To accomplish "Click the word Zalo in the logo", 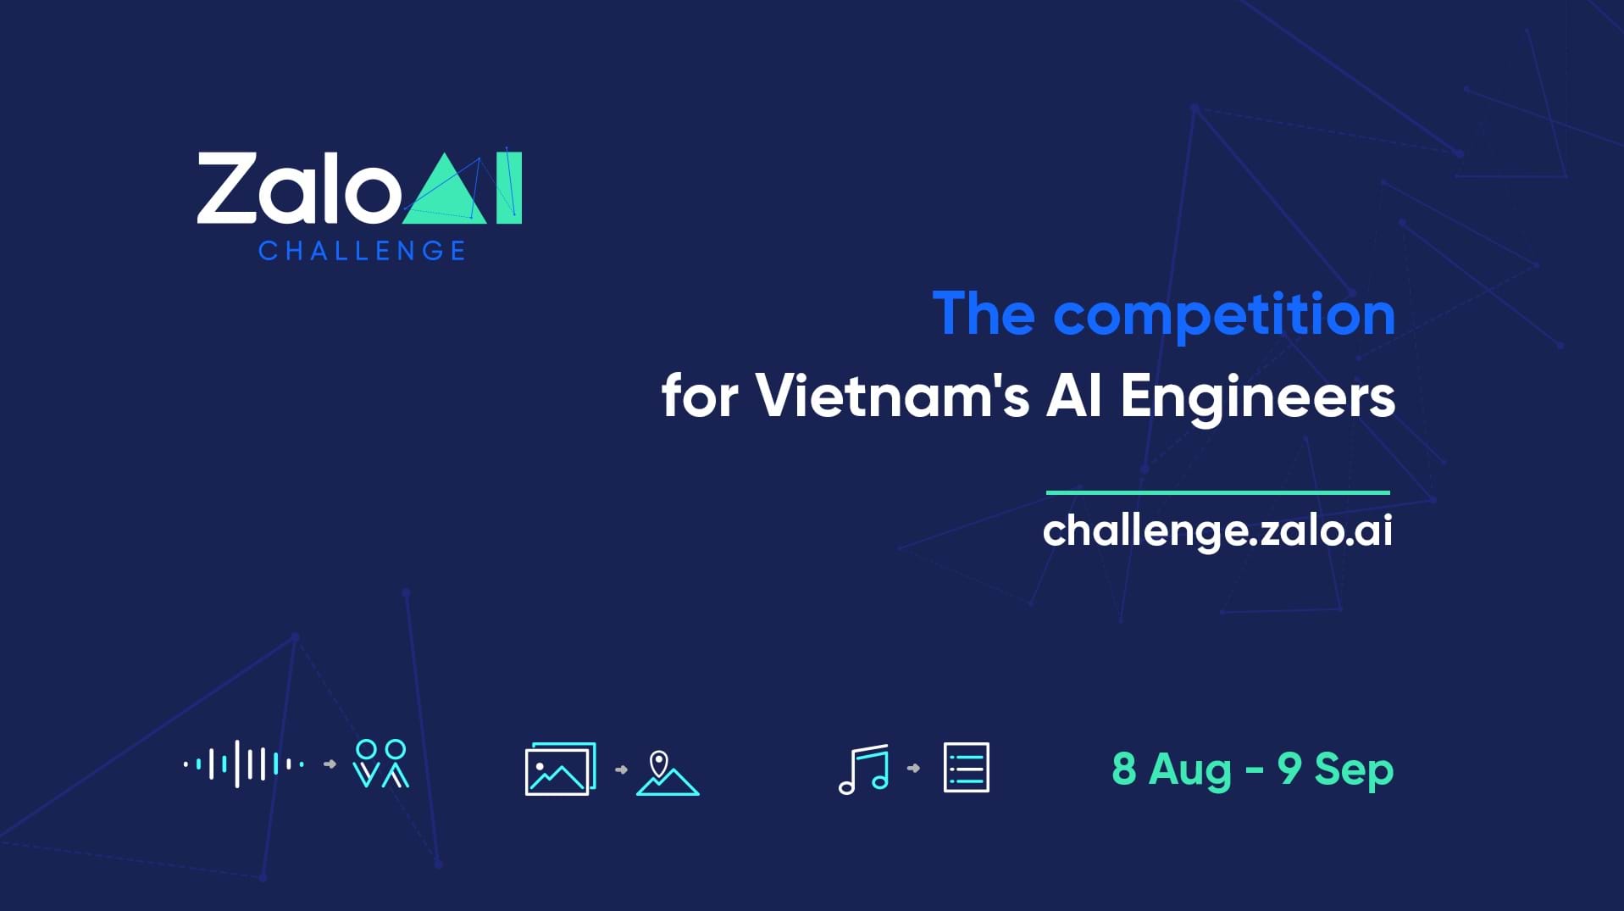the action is pos(299,188).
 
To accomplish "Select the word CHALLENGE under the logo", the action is pos(362,251).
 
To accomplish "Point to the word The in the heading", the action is pos(984,314).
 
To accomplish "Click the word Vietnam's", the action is pos(892,395).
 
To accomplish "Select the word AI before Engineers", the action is pos(1074,396).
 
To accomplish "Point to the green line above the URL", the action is pos(1218,492).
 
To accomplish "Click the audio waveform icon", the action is pos(244,764).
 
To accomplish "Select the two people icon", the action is pos(381,764).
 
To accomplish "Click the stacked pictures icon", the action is pos(561,769).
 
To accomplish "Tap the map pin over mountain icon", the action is pos(668,773).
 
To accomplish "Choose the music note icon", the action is pos(864,769).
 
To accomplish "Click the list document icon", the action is pos(967,768).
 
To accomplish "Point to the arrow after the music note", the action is pos(913,769).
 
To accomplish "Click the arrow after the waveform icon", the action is pos(330,764).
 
